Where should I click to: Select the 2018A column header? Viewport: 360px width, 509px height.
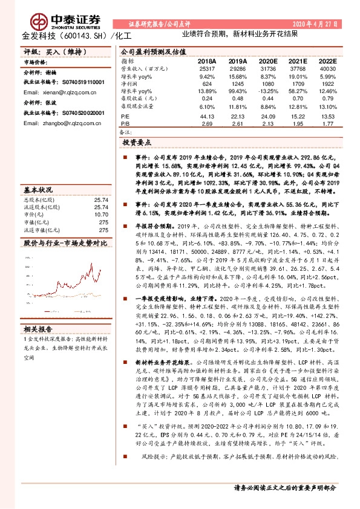(207, 62)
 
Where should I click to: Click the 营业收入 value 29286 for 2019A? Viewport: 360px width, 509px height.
(238, 70)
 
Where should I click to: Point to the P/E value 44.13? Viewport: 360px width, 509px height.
(207, 115)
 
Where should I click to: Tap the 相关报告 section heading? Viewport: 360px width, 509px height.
(40, 329)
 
